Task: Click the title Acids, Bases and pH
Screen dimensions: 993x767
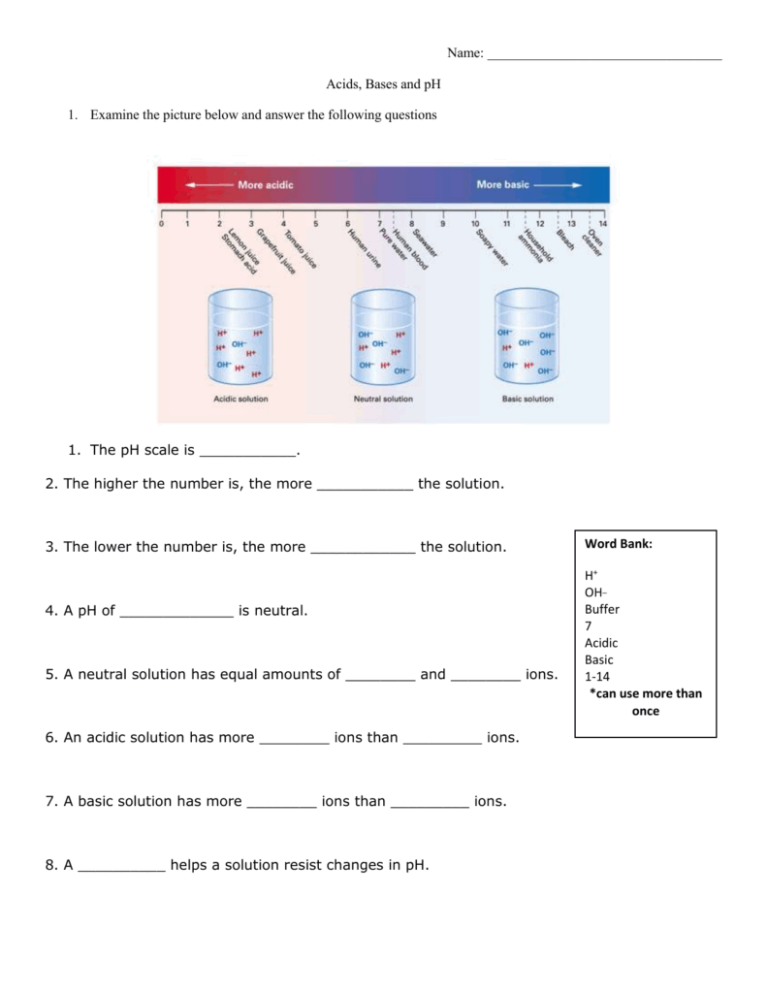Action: (x=383, y=85)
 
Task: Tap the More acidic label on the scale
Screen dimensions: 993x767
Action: (x=265, y=184)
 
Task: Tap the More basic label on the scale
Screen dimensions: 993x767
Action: (x=502, y=184)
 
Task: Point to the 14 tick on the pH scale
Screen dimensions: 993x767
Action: (x=603, y=216)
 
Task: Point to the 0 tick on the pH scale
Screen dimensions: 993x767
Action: (x=162, y=216)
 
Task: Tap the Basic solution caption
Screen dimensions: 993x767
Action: (x=527, y=399)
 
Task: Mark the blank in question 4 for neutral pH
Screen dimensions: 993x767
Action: (x=176, y=612)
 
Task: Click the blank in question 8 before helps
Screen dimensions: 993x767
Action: (x=121, y=866)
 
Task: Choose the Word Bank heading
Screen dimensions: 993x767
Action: (x=619, y=544)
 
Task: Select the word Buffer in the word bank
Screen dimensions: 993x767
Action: (x=601, y=609)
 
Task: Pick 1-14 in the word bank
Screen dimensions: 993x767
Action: (x=597, y=676)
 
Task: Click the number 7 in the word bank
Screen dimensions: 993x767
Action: (x=588, y=625)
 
